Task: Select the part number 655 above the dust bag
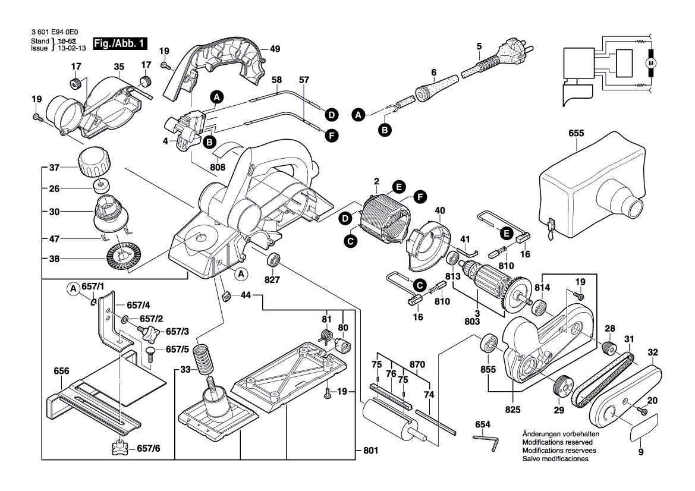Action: (x=576, y=134)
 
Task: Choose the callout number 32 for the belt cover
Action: (x=653, y=352)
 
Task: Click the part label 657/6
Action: (x=148, y=448)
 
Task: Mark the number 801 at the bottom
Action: (x=370, y=451)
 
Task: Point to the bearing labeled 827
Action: (x=275, y=260)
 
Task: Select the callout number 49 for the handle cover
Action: (x=274, y=49)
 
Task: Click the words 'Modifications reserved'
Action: (x=555, y=443)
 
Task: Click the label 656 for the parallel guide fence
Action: (x=61, y=369)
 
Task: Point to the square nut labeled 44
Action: (x=227, y=295)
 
